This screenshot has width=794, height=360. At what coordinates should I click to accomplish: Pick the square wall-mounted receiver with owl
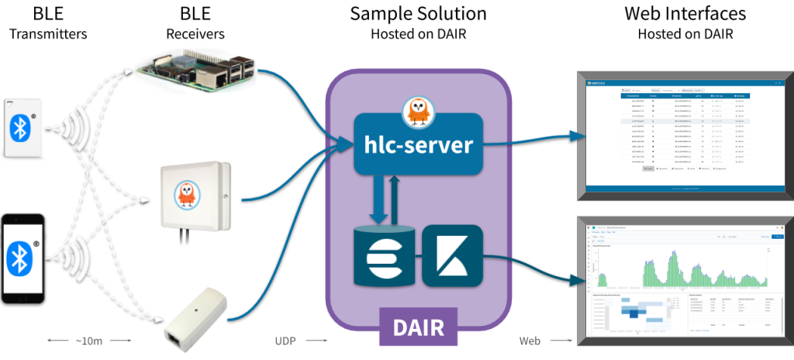196,195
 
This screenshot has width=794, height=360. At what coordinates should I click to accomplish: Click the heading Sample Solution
418,14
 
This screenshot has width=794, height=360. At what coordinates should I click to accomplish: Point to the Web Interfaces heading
685,14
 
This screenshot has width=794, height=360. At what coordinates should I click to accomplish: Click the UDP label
285,340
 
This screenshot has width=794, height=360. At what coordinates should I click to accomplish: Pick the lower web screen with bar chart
682,279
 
